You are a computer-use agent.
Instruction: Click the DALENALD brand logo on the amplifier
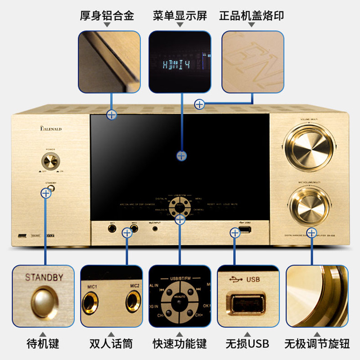[x=50, y=130]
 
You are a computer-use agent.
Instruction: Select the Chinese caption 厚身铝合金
[x=107, y=16]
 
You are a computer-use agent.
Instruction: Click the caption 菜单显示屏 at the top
[x=180, y=16]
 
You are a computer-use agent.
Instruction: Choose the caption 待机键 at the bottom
[x=43, y=344]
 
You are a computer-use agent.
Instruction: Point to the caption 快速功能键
[x=180, y=344]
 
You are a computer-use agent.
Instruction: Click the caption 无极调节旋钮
[x=317, y=344]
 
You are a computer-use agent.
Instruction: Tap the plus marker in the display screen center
[x=181, y=156]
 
